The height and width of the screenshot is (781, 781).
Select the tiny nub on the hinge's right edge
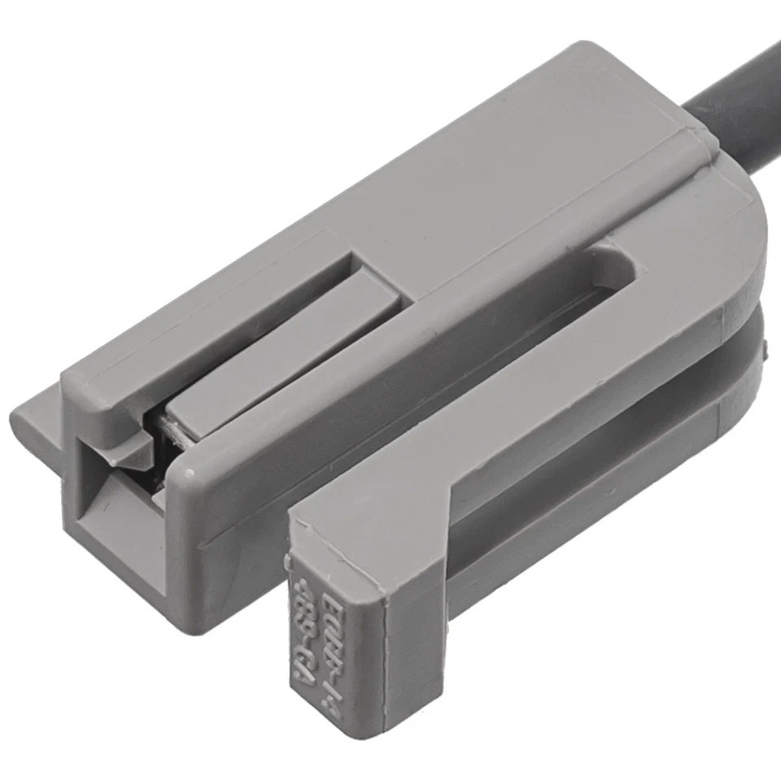click(x=766, y=351)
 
